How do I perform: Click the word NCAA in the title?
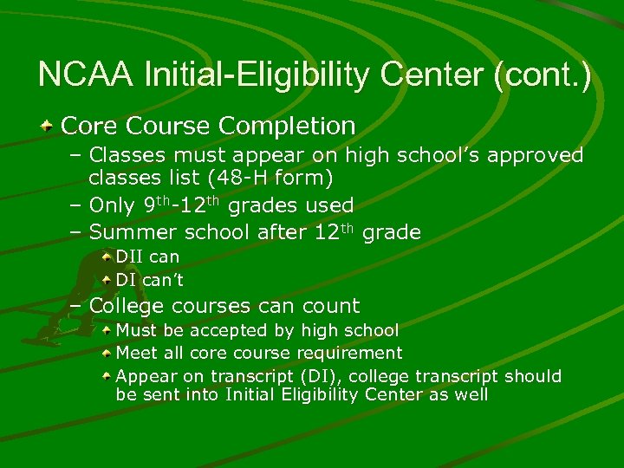coord(85,75)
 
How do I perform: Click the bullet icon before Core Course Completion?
coord(49,127)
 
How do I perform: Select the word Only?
coord(113,206)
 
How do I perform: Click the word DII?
coord(130,257)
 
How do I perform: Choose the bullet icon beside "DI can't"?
coord(106,281)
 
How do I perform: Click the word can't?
coord(164,281)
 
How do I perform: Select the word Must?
coord(135,330)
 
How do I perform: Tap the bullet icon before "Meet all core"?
coord(106,354)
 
